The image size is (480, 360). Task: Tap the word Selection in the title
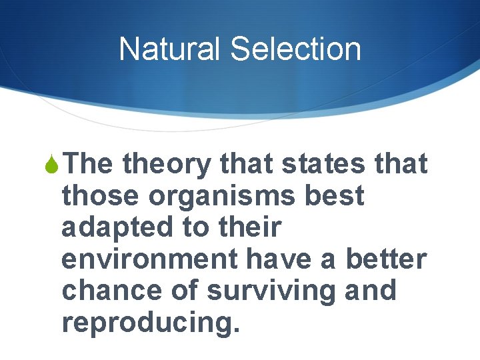pyautogui.click(x=295, y=49)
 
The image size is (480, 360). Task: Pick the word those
pyautogui.click(x=101, y=196)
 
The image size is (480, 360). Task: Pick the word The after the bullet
pyautogui.click(x=89, y=164)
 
